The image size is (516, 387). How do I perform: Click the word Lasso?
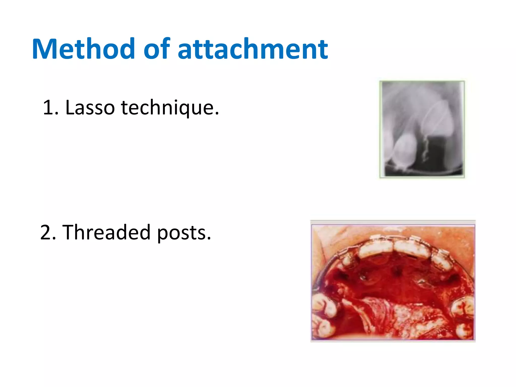pyautogui.click(x=90, y=108)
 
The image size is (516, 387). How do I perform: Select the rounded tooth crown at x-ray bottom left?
pyautogui.click(x=405, y=151)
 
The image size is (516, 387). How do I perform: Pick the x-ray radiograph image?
pyautogui.click(x=422, y=129)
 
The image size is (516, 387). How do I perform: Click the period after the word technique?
pyautogui.click(x=217, y=114)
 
